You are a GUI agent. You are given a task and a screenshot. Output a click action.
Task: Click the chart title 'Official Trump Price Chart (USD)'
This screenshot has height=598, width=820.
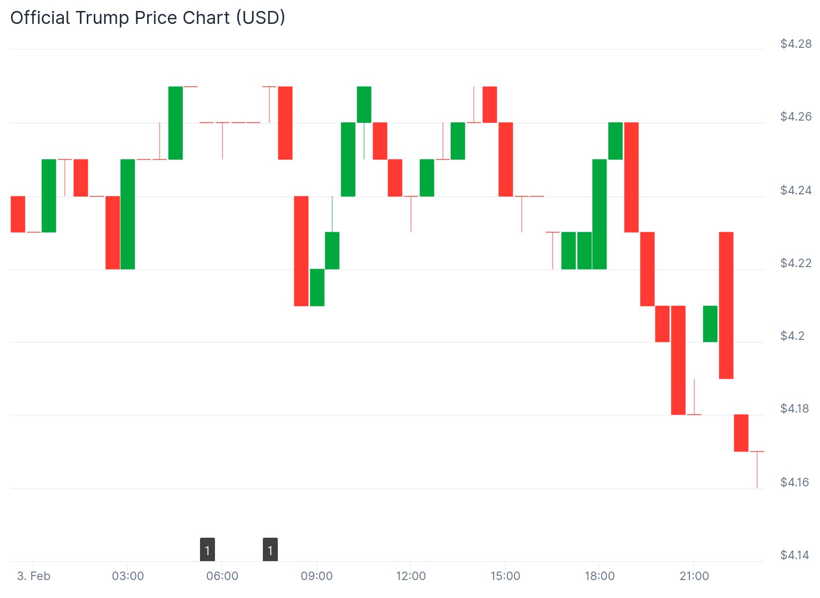(148, 18)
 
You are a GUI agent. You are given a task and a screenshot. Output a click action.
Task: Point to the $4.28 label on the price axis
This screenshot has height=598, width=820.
(796, 44)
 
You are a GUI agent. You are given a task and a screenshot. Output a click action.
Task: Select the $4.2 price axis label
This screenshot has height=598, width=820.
(792, 336)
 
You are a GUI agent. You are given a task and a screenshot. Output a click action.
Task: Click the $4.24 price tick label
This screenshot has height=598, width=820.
(796, 190)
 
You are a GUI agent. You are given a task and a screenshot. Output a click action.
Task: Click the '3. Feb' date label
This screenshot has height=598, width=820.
(33, 577)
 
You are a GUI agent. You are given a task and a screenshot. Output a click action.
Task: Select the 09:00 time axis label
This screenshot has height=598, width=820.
(317, 577)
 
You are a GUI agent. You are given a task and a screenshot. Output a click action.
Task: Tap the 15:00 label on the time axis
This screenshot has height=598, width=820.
(505, 577)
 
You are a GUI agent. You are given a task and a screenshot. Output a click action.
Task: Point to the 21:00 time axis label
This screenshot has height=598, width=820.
(694, 577)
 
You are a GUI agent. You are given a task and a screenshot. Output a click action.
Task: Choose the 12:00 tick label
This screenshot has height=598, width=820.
(411, 577)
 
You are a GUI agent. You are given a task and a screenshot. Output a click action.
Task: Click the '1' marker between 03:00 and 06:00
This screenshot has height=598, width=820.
(207, 550)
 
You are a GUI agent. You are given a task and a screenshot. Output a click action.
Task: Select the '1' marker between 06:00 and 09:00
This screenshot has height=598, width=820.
(270, 550)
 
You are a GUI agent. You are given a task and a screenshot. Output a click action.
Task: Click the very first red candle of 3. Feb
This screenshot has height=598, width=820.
(18, 214)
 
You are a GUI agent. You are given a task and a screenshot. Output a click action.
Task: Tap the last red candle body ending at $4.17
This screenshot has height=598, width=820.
(741, 433)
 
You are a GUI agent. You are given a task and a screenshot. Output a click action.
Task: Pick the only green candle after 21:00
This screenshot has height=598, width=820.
(710, 324)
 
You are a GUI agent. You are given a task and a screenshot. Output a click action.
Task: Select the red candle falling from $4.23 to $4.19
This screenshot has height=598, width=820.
(726, 305)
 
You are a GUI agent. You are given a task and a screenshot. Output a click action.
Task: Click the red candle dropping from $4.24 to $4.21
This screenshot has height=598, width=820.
(301, 251)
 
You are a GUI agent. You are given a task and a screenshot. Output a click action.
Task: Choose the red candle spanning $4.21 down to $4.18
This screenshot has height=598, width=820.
(678, 360)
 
